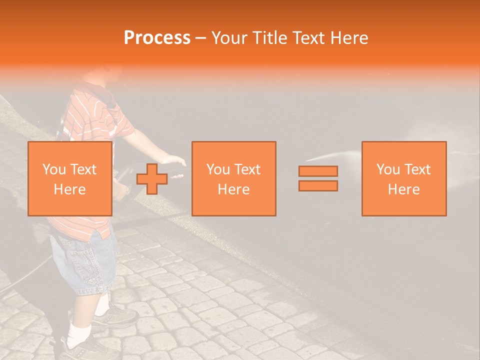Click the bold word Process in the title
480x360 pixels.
(157, 38)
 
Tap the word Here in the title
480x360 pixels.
(348, 38)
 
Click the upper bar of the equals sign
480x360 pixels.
(318, 171)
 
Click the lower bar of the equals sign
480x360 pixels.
(318, 186)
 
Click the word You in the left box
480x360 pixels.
(54, 169)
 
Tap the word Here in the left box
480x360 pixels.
(69, 189)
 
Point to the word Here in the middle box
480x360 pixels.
(233, 189)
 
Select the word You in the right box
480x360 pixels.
(388, 169)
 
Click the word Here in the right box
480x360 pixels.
(403, 189)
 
